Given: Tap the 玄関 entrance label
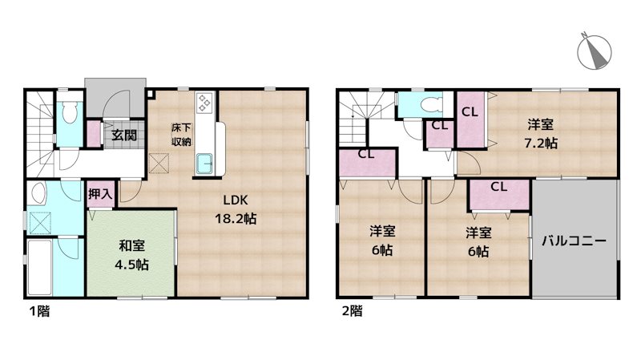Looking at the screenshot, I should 123,135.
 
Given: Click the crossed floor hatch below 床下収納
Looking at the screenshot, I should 159,164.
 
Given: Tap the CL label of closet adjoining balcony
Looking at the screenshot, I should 498,188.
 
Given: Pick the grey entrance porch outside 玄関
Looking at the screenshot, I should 114,96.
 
